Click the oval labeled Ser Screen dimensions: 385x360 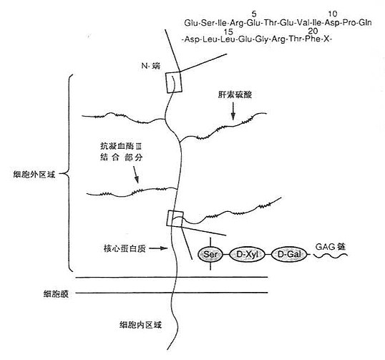coord(210,254)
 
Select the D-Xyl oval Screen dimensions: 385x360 coord(248,254)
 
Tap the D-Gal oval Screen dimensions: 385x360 coord(289,254)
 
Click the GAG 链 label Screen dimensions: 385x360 coord(330,246)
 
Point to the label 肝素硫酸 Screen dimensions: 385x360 coord(235,94)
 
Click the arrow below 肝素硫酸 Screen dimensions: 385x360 coord(233,112)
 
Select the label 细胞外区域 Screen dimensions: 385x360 coord(34,175)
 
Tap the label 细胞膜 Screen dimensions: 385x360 coord(56,294)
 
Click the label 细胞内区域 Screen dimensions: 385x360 coord(140,325)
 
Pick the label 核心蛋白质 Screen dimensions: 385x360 coord(125,248)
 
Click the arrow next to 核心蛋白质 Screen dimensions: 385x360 coord(158,248)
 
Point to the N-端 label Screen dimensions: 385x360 coord(150,66)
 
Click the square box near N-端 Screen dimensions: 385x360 coord(174,82)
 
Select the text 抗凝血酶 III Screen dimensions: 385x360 coord(121,146)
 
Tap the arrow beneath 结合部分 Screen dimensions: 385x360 coord(136,175)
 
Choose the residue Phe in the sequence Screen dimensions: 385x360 coord(313,39)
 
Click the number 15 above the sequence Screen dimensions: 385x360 coord(228,32)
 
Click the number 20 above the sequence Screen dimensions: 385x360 coord(313,31)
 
